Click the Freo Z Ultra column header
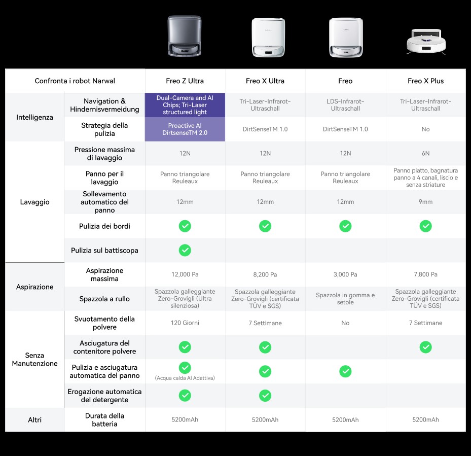point(185,81)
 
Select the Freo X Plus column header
point(425,81)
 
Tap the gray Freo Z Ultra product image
point(185,36)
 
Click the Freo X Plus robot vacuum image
point(426,42)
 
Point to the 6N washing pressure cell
point(425,153)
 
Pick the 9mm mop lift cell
point(425,202)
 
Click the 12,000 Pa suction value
point(185,274)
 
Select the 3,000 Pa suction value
point(345,274)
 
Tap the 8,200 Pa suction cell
point(265,274)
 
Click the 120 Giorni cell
point(185,323)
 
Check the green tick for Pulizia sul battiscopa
point(185,250)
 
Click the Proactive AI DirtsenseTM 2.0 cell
point(185,129)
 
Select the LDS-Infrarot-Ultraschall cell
point(345,105)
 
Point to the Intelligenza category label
point(34,117)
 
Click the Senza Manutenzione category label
point(34,359)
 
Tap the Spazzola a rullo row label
point(104,299)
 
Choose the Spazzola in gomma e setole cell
point(345,298)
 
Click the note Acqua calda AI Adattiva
point(185,378)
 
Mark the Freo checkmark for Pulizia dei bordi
point(345,226)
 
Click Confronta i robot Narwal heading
point(75,81)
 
